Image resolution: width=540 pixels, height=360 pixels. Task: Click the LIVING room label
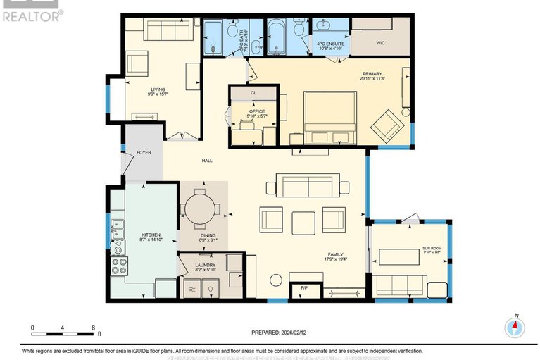(158, 89)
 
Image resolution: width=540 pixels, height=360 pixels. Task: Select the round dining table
(203, 209)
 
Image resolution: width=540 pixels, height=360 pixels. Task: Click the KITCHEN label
(151, 234)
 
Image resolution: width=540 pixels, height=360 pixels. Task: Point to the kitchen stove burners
(119, 266)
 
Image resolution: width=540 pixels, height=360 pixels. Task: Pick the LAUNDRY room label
(205, 265)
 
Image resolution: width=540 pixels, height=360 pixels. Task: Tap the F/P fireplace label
(304, 289)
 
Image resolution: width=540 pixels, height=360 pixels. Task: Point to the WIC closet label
(380, 42)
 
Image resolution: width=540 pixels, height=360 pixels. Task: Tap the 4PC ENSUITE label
(329, 44)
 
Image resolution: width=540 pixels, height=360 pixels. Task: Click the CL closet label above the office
(253, 92)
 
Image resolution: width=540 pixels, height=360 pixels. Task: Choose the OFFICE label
(256, 111)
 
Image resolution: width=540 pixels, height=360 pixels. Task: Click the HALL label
(207, 161)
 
